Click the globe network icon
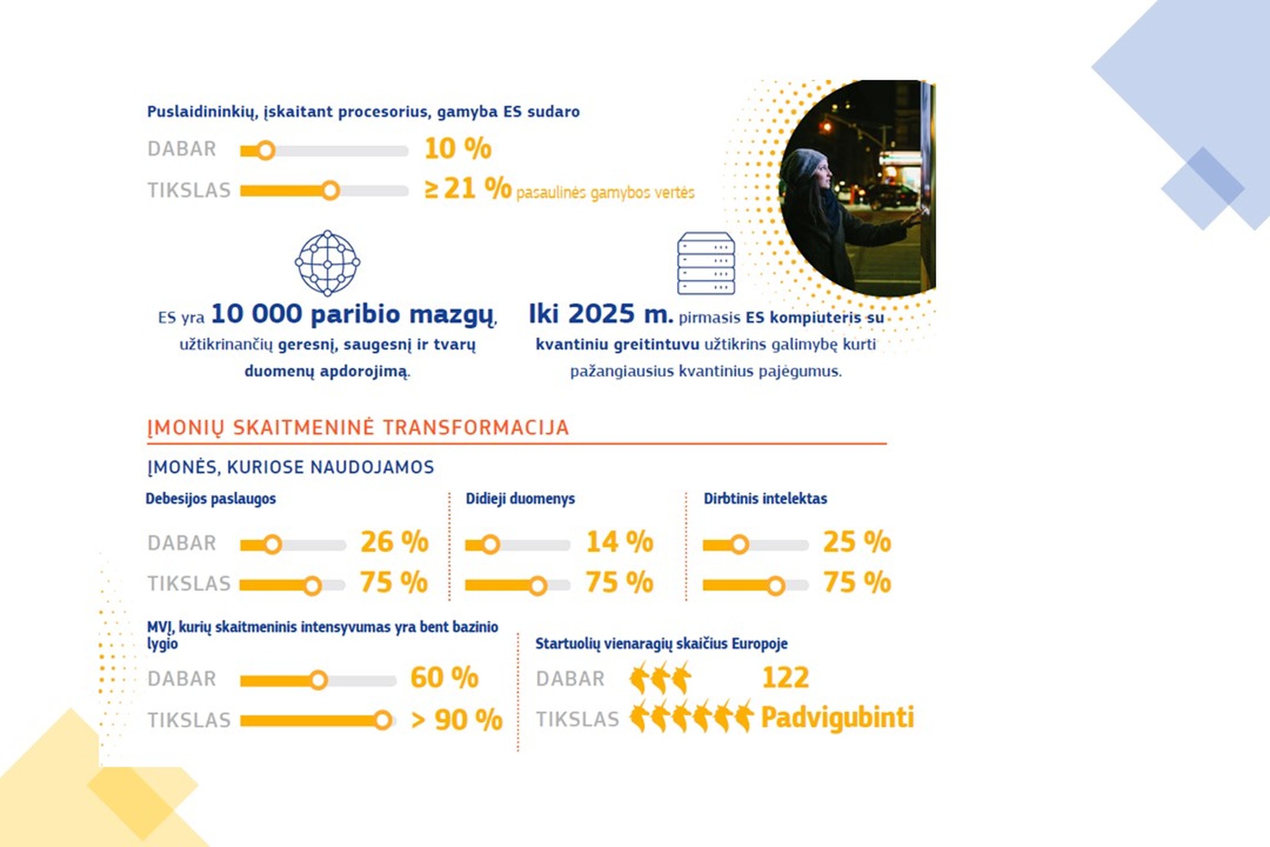[328, 263]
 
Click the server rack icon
[706, 263]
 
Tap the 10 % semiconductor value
[458, 149]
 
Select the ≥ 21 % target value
[468, 188]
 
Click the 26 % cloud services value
[394, 542]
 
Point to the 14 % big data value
[619, 542]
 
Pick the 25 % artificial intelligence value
[857, 542]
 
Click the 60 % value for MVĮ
[444, 678]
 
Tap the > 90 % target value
[457, 719]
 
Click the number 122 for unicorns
[785, 678]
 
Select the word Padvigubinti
[838, 718]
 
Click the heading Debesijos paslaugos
[211, 499]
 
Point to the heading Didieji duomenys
[520, 499]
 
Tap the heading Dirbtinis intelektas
[765, 498]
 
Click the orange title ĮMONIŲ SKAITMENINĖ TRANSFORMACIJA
[358, 428]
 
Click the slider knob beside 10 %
[266, 150]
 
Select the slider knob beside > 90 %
[383, 721]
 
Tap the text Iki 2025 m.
[600, 314]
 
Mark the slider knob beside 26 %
[272, 544]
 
